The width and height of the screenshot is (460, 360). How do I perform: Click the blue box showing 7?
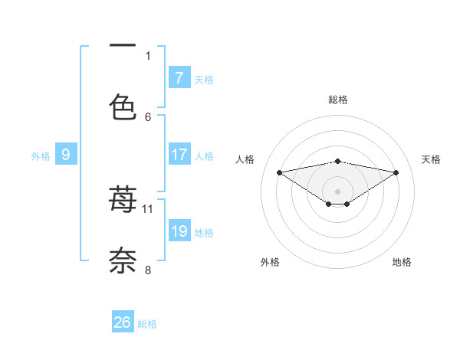[179, 77]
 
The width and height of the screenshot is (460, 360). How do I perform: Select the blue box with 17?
[179, 155]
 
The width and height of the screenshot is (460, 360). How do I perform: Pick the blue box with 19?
[179, 231]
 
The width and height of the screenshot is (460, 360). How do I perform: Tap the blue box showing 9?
[66, 155]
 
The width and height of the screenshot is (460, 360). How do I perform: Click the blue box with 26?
[123, 322]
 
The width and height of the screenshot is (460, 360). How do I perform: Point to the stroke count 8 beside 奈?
[148, 269]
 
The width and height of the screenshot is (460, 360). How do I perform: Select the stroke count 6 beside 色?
[148, 116]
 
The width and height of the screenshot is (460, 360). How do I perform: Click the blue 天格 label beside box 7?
[204, 79]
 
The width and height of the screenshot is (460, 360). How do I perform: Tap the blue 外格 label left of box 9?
[41, 156]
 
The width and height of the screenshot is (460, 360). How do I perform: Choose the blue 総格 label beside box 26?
[147, 324]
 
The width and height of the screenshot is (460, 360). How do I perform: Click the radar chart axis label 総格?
[338, 100]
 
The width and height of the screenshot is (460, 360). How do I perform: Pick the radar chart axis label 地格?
[402, 262]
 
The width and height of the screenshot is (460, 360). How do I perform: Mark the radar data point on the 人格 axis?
[280, 172]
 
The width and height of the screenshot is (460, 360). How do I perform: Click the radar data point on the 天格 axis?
[396, 172]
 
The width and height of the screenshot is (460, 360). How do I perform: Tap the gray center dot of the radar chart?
[338, 191]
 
